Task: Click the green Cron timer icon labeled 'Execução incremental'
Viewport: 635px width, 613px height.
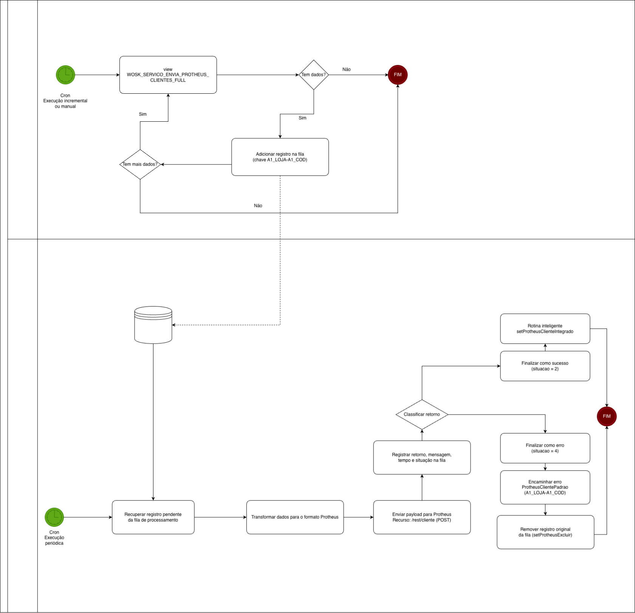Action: [x=65, y=75]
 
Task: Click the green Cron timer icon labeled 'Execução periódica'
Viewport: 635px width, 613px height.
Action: [x=54, y=517]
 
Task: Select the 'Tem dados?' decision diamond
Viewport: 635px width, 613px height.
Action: [x=313, y=75]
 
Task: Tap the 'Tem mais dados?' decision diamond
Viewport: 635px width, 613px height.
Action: [x=140, y=164]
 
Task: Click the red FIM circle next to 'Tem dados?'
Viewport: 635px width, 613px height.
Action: [x=397, y=75]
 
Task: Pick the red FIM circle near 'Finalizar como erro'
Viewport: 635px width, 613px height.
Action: [x=606, y=416]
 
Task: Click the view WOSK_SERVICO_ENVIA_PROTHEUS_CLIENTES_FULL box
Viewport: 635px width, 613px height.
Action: [x=168, y=75]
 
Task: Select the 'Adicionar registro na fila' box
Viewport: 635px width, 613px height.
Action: [x=280, y=157]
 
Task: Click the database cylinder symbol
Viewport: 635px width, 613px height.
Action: [x=153, y=325]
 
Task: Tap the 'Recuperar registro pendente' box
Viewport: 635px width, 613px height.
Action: [x=153, y=517]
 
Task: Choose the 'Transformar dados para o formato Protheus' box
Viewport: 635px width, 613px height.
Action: [x=295, y=517]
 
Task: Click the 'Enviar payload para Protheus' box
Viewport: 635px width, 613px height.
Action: [x=421, y=517]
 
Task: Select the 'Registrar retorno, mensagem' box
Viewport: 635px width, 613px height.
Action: [x=421, y=457]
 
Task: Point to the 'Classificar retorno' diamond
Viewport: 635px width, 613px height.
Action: [x=421, y=415]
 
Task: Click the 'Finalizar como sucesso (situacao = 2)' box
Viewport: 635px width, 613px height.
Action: [x=545, y=366]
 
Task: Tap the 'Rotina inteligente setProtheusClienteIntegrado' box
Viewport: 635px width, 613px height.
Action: [x=545, y=328]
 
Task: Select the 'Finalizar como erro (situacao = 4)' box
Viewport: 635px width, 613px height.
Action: [x=545, y=448]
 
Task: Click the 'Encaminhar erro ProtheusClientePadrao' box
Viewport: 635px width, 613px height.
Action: [x=545, y=487]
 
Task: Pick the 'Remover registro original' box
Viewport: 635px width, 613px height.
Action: [x=545, y=532]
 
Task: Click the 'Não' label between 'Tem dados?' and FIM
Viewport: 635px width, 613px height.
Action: [x=346, y=70]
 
